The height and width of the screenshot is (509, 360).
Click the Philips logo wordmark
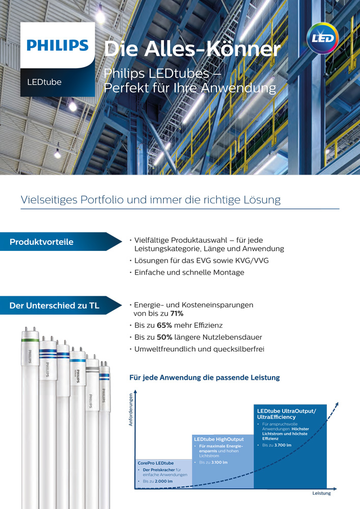[58, 45]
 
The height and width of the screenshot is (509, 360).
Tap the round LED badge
[322, 38]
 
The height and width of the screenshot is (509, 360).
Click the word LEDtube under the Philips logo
[44, 82]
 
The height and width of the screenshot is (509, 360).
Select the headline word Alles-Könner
[212, 49]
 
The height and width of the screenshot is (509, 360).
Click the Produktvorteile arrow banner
[61, 241]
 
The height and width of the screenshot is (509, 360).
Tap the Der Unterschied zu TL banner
[61, 305]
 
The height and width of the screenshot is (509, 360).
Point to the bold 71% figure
[177, 314]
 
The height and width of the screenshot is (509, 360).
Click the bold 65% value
[164, 325]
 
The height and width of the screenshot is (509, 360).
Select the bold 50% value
[164, 337]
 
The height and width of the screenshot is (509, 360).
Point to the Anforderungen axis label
[131, 410]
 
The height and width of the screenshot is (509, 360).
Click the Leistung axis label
[321, 493]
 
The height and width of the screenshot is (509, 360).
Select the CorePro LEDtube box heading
[155, 463]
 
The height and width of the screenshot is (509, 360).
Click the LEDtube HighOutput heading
[219, 439]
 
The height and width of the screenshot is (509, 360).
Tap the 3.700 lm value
[283, 445]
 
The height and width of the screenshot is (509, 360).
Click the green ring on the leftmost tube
[30, 340]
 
